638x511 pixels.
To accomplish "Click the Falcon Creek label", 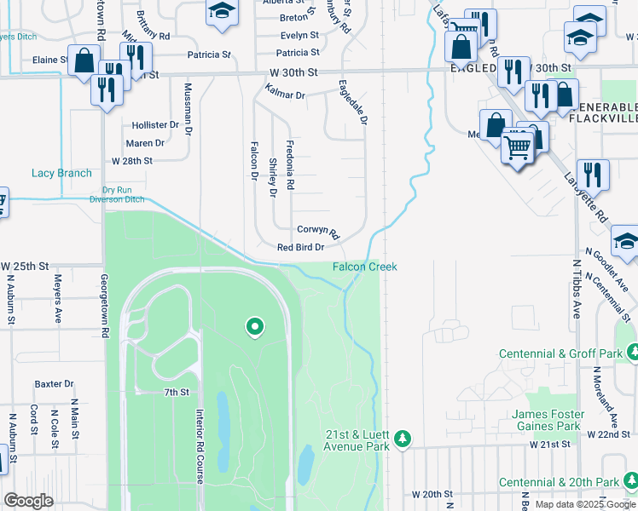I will pyautogui.click(x=364, y=267).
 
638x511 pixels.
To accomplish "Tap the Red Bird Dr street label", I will pyautogui.click(x=301, y=248).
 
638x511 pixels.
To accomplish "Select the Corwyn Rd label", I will pyautogui.click(x=318, y=231).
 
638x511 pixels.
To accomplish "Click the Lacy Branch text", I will pyautogui.click(x=61, y=173).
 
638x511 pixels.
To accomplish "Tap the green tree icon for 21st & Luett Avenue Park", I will pyautogui.click(x=403, y=439).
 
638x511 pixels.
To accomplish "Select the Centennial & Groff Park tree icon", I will pyautogui.click(x=632, y=351).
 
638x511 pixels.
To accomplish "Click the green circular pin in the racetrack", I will pyautogui.click(x=253, y=325).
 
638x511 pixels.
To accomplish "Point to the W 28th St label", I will pyautogui.click(x=132, y=160).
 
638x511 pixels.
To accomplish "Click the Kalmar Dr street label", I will pyautogui.click(x=285, y=92).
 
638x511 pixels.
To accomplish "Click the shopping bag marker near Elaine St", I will pyautogui.click(x=84, y=60).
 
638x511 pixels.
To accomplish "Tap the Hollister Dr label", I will pyautogui.click(x=155, y=124).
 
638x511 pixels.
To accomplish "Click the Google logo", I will pyautogui.click(x=28, y=501).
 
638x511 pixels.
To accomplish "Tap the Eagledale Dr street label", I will pyautogui.click(x=352, y=103).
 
